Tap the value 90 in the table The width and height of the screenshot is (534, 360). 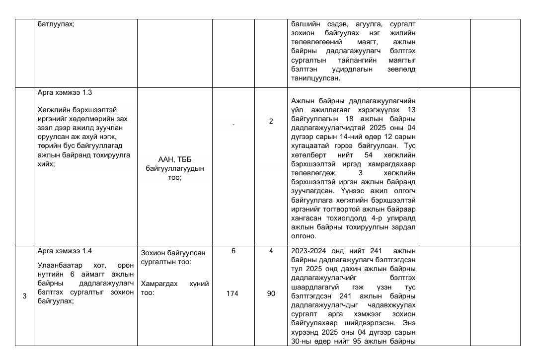point(271,293)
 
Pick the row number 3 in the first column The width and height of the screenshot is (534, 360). point(24,296)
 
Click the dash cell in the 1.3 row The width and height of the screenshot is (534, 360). point(233,124)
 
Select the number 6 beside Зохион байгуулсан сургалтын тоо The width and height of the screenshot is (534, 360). point(233,251)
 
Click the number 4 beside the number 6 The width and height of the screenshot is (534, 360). point(271,251)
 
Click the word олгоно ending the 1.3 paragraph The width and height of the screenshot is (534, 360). point(304,236)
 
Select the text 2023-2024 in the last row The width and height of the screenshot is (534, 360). point(308,251)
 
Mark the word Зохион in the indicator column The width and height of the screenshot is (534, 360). point(153,252)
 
